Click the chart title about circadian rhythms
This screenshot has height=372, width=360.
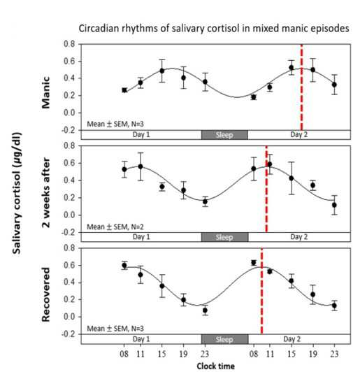pyautogui.click(x=214, y=29)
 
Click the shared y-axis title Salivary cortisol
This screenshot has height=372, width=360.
pyautogui.click(x=17, y=193)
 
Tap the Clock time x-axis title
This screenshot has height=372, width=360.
pyautogui.click(x=215, y=366)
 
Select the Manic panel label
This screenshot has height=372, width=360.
pyautogui.click(x=45, y=92)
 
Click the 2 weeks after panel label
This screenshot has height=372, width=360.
pyautogui.click(x=45, y=192)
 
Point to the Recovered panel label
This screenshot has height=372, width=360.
pyautogui.click(x=45, y=294)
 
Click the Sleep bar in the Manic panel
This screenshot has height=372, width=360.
pyautogui.click(x=224, y=135)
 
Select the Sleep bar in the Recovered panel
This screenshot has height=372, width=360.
pyautogui.click(x=224, y=339)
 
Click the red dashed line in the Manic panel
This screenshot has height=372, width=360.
pyautogui.click(x=302, y=87)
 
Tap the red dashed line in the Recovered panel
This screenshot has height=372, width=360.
pyautogui.click(x=261, y=291)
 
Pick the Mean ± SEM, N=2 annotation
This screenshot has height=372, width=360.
pyautogui.click(x=115, y=227)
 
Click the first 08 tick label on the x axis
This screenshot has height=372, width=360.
pyautogui.click(x=124, y=354)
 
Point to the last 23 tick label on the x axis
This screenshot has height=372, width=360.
pyautogui.click(x=334, y=354)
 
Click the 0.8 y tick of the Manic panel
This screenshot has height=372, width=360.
pyautogui.click(x=69, y=44)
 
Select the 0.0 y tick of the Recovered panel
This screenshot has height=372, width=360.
pyautogui.click(x=69, y=317)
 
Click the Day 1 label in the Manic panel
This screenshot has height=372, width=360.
pyautogui.click(x=141, y=134)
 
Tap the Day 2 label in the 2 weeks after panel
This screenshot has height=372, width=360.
pyautogui.click(x=298, y=237)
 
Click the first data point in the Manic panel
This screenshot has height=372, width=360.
pyautogui.click(x=124, y=90)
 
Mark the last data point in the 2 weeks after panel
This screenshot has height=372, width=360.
pyautogui.click(x=334, y=205)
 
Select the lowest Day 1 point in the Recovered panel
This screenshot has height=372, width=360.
pyautogui.click(x=205, y=310)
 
